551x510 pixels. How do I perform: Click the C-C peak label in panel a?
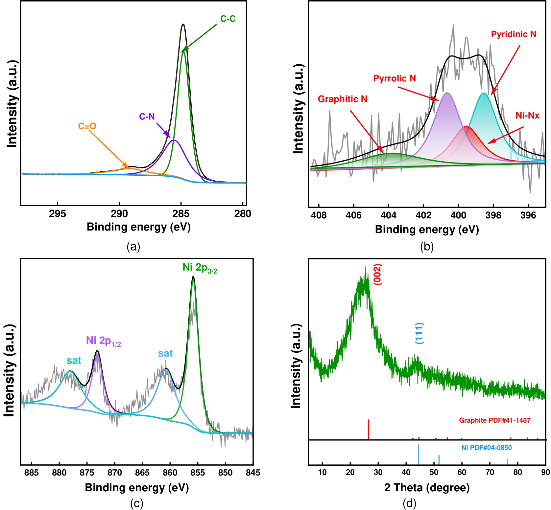pyautogui.click(x=228, y=19)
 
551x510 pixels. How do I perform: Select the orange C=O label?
pyautogui.click(x=87, y=126)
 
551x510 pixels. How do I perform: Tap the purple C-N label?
pyautogui.click(x=147, y=117)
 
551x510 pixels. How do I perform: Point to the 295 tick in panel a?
pyautogui.click(x=58, y=214)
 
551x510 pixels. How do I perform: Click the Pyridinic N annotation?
pyautogui.click(x=514, y=34)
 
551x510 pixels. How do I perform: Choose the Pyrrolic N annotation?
pyautogui.click(x=395, y=78)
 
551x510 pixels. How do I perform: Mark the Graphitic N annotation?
pyautogui.click(x=343, y=99)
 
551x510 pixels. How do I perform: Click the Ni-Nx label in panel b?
pyautogui.click(x=527, y=116)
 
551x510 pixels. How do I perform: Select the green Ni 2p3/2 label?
pyautogui.click(x=200, y=268)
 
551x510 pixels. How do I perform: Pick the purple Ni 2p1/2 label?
pyautogui.click(x=104, y=341)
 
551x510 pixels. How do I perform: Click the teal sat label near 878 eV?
pyautogui.click(x=74, y=361)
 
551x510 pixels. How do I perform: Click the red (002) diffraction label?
pyautogui.click(x=377, y=275)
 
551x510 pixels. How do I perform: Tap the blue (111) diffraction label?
pyautogui.click(x=419, y=333)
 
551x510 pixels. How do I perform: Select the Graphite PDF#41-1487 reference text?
pyautogui.click(x=495, y=420)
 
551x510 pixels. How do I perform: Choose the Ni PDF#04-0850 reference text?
pyautogui.click(x=487, y=448)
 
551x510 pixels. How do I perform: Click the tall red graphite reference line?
pyautogui.click(x=369, y=429)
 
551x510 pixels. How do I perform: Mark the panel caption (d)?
pyautogui.click(x=409, y=503)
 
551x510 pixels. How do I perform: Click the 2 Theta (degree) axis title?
pyautogui.click(x=427, y=488)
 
